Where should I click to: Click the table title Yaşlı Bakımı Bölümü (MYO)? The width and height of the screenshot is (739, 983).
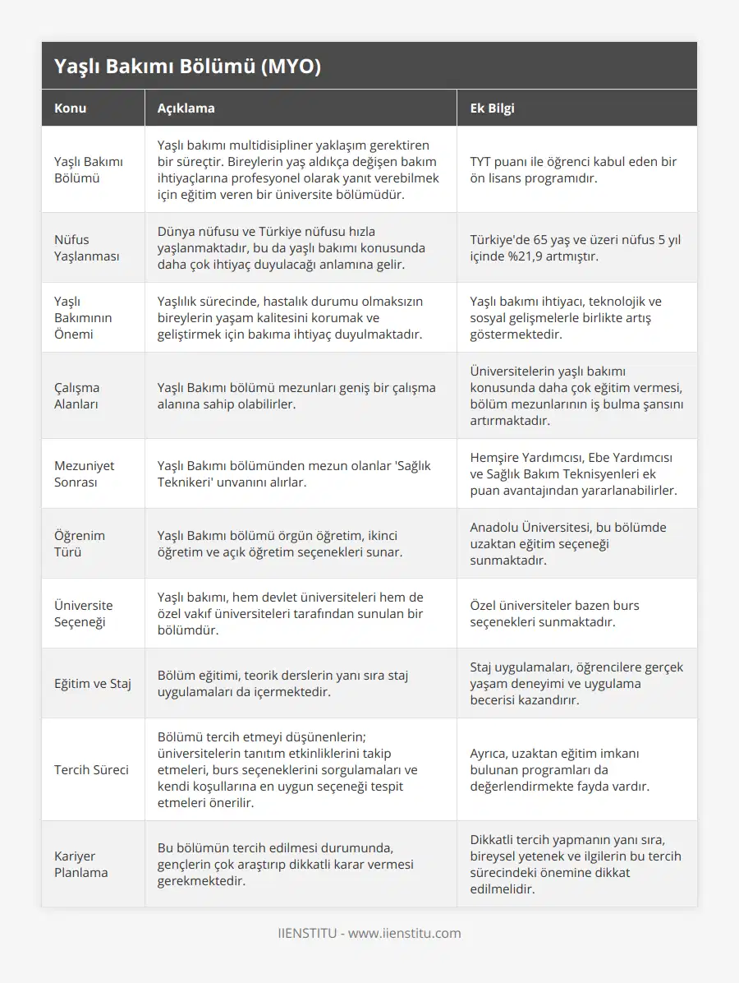point(187,67)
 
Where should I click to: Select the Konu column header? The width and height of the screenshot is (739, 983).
point(70,108)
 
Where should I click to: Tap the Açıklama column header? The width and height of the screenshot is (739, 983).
point(186,108)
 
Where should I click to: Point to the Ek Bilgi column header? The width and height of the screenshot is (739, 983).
point(492,108)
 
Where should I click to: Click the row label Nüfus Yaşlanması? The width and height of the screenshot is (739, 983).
point(86,247)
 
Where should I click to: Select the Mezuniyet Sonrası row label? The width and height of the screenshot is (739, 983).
point(84,473)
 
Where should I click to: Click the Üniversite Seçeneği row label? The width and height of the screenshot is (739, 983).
point(84,613)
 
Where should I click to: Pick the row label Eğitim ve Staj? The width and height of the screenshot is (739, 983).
point(92,683)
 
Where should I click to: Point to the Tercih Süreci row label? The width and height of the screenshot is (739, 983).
point(91,770)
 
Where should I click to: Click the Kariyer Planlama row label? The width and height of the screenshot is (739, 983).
point(80,864)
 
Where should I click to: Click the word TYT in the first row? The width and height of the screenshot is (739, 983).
point(481,161)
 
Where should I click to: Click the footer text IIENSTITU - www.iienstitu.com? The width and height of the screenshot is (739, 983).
point(369,933)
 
